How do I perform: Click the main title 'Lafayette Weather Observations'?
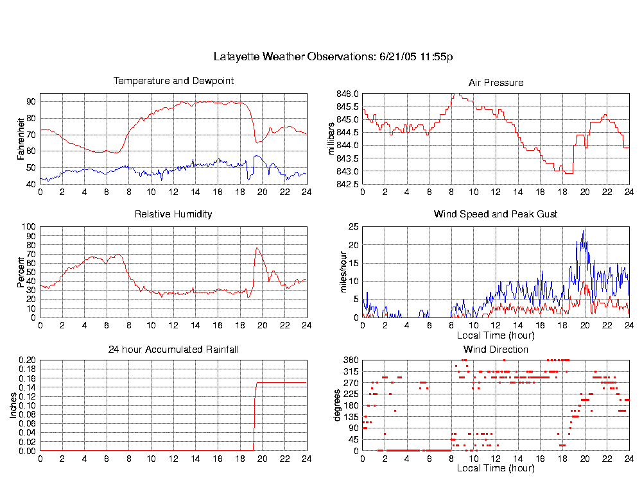click(333, 57)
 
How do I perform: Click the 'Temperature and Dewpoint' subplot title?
click(173, 81)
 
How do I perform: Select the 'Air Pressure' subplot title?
click(496, 83)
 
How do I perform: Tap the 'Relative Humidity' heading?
click(173, 214)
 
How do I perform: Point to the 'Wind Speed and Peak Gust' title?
click(496, 214)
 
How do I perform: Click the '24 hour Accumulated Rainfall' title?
click(173, 350)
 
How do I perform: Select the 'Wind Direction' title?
click(496, 350)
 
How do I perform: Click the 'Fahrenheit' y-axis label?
click(21, 139)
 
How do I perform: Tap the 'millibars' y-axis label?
click(332, 139)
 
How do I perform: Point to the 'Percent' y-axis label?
click(21, 272)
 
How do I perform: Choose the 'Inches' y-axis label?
click(13, 405)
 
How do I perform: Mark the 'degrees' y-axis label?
click(336, 405)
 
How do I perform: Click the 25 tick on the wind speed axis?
click(353, 227)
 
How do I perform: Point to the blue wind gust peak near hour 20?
click(583, 232)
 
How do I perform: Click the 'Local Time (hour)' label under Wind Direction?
click(496, 469)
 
